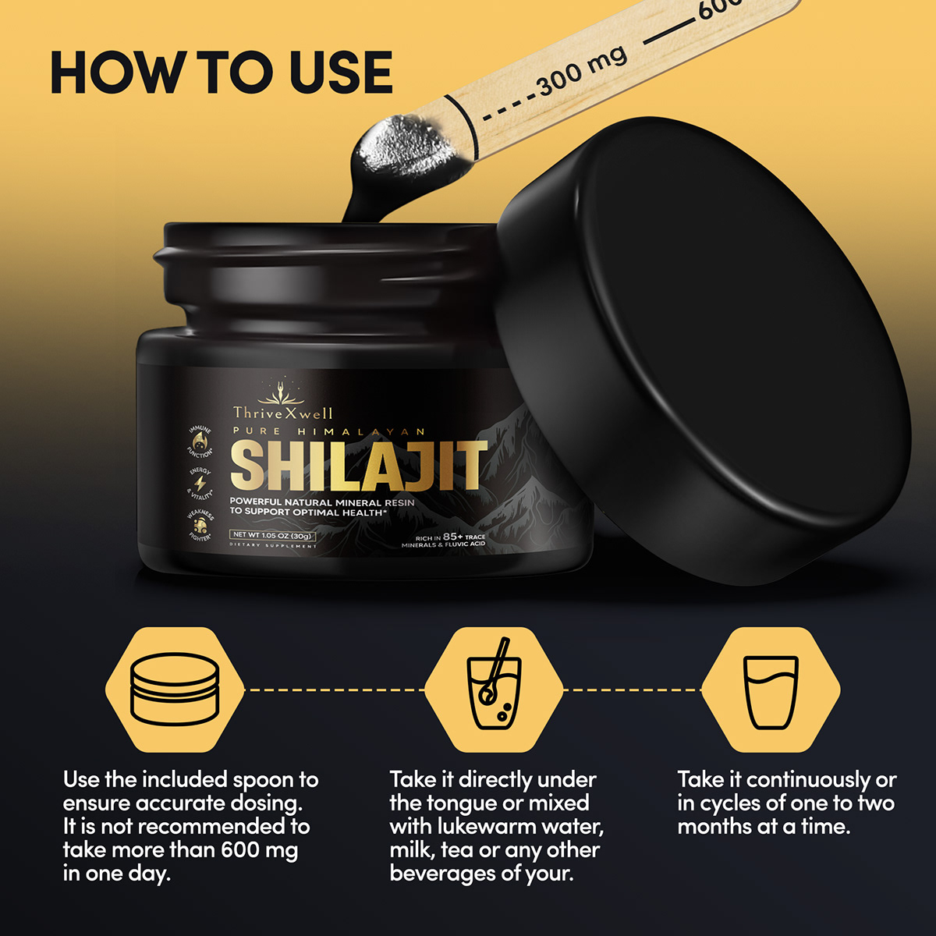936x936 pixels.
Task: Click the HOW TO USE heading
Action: click(221, 73)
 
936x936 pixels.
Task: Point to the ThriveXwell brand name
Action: click(282, 413)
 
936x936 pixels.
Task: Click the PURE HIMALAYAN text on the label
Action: click(328, 431)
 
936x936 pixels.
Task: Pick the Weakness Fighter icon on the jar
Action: click(198, 527)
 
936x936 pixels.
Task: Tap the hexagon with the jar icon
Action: click(175, 690)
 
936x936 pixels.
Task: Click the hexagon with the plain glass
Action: click(771, 690)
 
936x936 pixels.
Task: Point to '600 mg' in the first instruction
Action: click(258, 850)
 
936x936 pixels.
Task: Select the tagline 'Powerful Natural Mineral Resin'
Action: click(322, 503)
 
